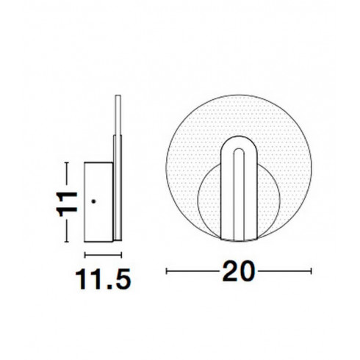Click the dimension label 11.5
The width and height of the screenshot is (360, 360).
coord(103,280)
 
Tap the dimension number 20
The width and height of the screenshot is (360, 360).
coord(238,271)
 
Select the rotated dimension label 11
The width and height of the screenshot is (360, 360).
coord(67,204)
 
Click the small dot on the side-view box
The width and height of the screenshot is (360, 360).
coord(93,201)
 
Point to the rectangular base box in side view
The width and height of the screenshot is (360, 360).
coord(98,202)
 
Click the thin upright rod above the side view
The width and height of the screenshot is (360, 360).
coord(118,115)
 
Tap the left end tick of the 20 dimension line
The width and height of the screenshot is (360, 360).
coord(167,271)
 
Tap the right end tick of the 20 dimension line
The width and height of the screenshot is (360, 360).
coord(311,271)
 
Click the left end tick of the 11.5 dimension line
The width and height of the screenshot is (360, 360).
coord(84,255)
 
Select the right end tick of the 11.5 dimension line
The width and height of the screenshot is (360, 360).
coord(121,255)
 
